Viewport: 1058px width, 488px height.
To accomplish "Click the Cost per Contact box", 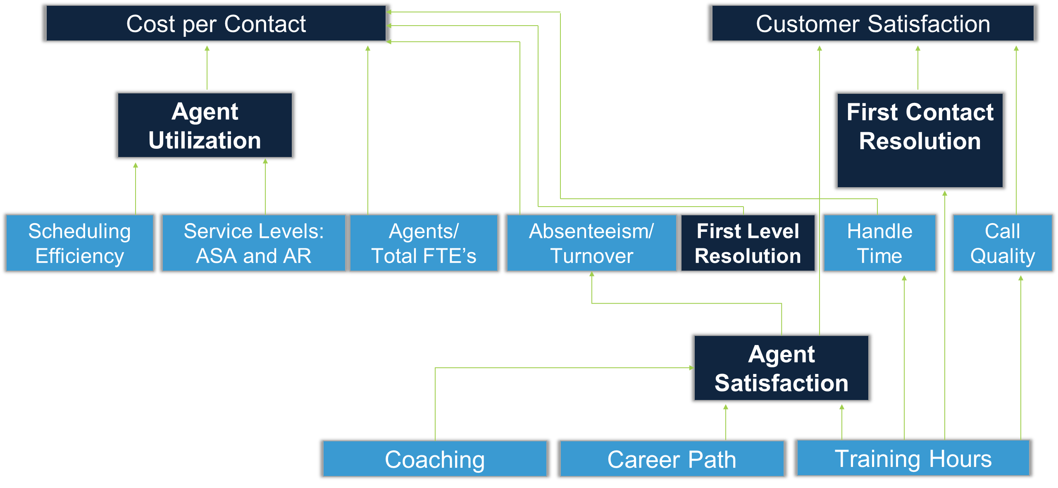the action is click(216, 23).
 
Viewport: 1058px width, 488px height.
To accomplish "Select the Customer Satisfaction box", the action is click(873, 23).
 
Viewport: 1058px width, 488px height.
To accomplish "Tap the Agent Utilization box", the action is click(205, 125).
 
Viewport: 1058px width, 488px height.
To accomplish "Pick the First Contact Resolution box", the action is click(920, 140).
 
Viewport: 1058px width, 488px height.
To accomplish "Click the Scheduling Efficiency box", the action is click(80, 243).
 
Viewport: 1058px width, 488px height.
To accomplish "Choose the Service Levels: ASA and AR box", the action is click(254, 243).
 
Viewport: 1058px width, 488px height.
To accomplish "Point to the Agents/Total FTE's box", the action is click(424, 243).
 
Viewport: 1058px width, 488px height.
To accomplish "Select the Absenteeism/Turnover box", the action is click(591, 243).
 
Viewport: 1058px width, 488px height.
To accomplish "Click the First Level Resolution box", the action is click(748, 243).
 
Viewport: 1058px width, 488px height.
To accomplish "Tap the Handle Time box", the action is click(880, 243).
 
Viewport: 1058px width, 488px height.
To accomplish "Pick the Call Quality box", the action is click(1003, 243).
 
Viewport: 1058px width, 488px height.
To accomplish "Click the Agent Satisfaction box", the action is click(782, 368).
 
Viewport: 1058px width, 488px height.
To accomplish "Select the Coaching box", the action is click(435, 459).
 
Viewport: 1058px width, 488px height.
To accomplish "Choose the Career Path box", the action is click(672, 459).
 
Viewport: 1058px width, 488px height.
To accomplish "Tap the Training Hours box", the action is click(913, 458).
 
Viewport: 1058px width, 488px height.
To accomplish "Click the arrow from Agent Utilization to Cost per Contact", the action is click(207, 68).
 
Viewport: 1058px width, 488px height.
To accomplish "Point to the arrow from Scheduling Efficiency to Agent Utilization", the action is click(136, 188).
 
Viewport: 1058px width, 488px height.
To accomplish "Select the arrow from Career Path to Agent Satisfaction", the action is click(726, 422).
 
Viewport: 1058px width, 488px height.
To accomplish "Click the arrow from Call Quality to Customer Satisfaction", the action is click(1016, 130).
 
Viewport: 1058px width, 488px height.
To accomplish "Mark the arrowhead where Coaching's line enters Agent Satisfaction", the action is click(692, 368).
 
